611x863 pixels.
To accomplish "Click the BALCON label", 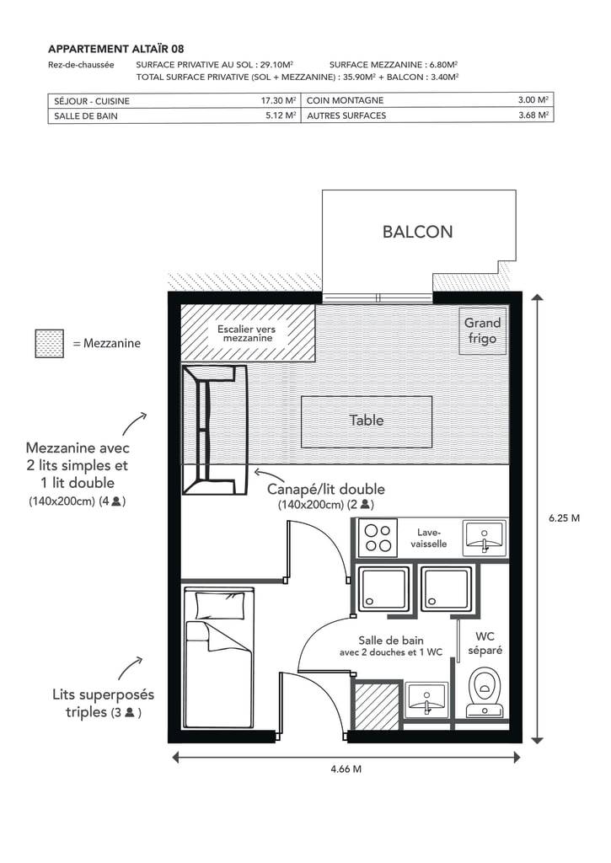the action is click(417, 232).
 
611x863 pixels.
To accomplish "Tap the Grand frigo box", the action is click(483, 330).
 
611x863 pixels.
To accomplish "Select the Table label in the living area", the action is click(366, 421).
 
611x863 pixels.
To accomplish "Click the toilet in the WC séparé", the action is click(485, 693).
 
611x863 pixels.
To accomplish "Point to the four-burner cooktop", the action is click(378, 538).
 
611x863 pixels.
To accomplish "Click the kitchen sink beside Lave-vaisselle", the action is click(485, 537).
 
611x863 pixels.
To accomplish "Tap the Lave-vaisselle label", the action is click(429, 538).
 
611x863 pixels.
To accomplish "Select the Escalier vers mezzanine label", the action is click(247, 334).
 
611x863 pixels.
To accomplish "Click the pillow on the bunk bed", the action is click(220, 606).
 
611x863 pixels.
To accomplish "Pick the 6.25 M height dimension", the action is click(564, 518).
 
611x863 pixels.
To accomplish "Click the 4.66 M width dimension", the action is click(346, 769).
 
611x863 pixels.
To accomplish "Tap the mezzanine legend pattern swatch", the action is click(50, 344).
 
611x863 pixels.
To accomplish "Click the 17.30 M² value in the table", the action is click(278, 101).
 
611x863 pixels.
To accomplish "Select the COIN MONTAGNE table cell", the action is click(427, 100).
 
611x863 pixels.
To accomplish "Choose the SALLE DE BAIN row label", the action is click(86, 116).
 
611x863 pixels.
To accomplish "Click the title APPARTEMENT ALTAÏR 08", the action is click(116, 49).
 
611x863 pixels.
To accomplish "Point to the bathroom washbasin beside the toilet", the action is click(427, 700).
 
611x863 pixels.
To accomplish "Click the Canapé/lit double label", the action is click(326, 490).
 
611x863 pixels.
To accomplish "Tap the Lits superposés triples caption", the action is click(103, 704).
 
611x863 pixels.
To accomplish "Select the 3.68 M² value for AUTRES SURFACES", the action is click(533, 115).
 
